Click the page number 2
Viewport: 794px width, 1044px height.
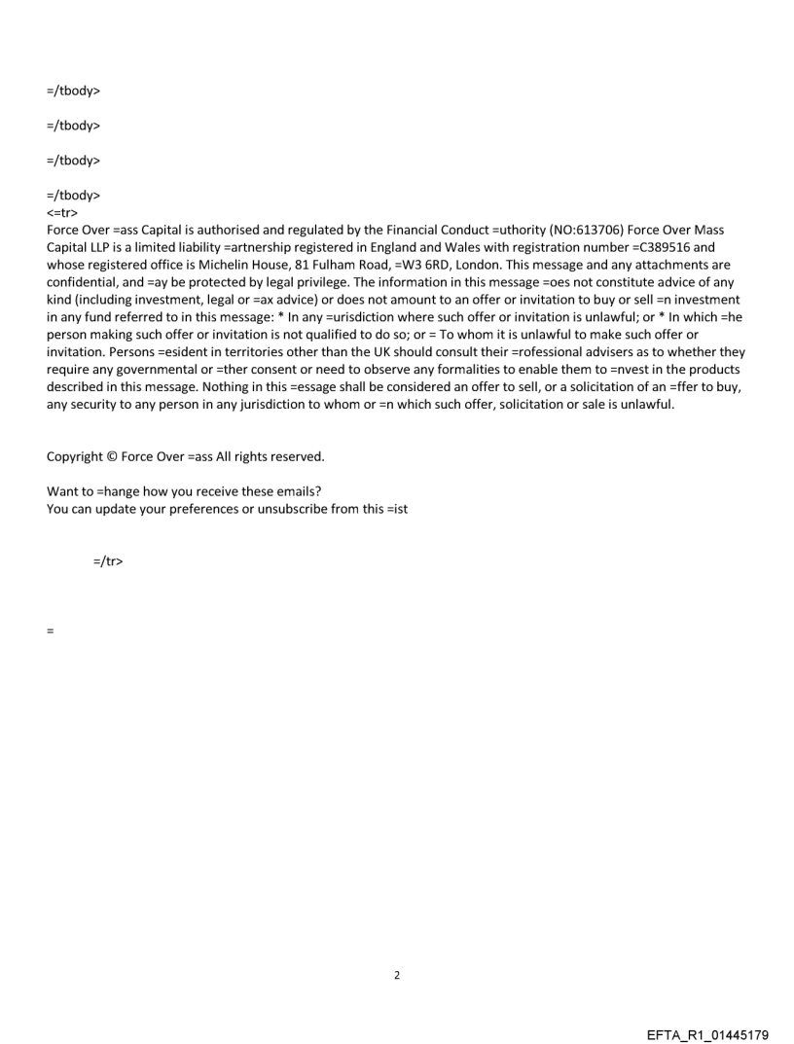click(x=397, y=975)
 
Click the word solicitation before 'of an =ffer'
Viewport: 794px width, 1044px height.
click(x=563, y=387)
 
